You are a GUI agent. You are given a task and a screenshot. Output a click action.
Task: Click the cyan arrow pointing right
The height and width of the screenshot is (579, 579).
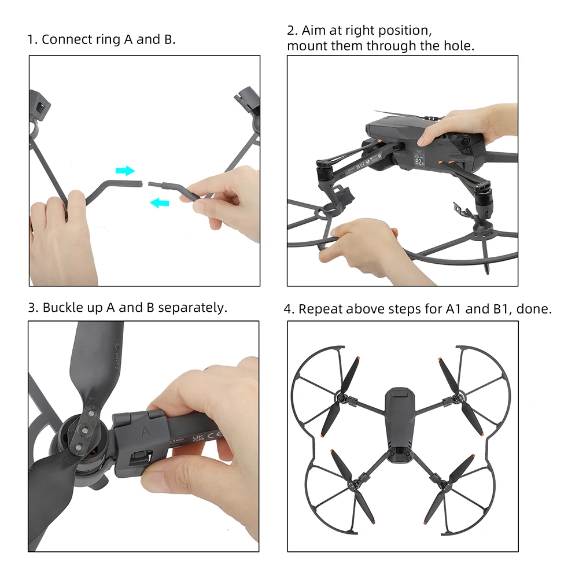coord(125,171)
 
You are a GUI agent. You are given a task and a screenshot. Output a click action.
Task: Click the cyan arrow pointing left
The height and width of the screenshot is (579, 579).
coord(160,202)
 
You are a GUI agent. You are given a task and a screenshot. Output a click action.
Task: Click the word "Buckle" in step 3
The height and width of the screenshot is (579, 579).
coord(63,307)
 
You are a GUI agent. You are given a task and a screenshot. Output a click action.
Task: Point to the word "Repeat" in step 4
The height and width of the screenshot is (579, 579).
coord(320,309)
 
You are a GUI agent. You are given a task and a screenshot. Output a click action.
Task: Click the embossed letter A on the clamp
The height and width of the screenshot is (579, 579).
coord(146,431)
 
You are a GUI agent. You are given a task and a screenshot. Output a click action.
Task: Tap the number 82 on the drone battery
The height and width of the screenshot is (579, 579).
coord(418,162)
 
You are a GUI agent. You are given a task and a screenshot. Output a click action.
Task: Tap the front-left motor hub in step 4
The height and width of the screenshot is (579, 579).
coord(341,398)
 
